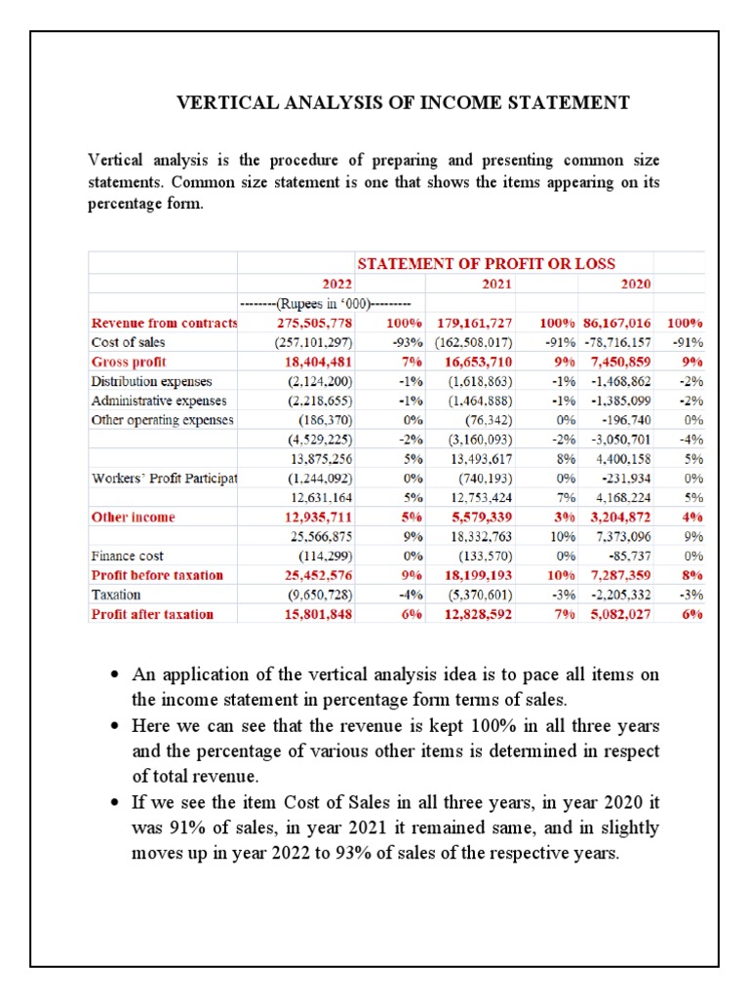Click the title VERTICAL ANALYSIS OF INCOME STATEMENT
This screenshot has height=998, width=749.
click(402, 102)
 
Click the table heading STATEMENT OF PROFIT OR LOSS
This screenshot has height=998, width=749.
click(486, 263)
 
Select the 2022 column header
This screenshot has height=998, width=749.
click(337, 284)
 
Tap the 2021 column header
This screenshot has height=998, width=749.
click(496, 284)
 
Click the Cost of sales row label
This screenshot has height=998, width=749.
click(128, 342)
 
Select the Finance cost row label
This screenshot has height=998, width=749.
click(127, 556)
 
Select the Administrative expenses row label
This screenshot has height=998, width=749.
click(158, 401)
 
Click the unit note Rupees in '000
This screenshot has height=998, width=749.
click(331, 303)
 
